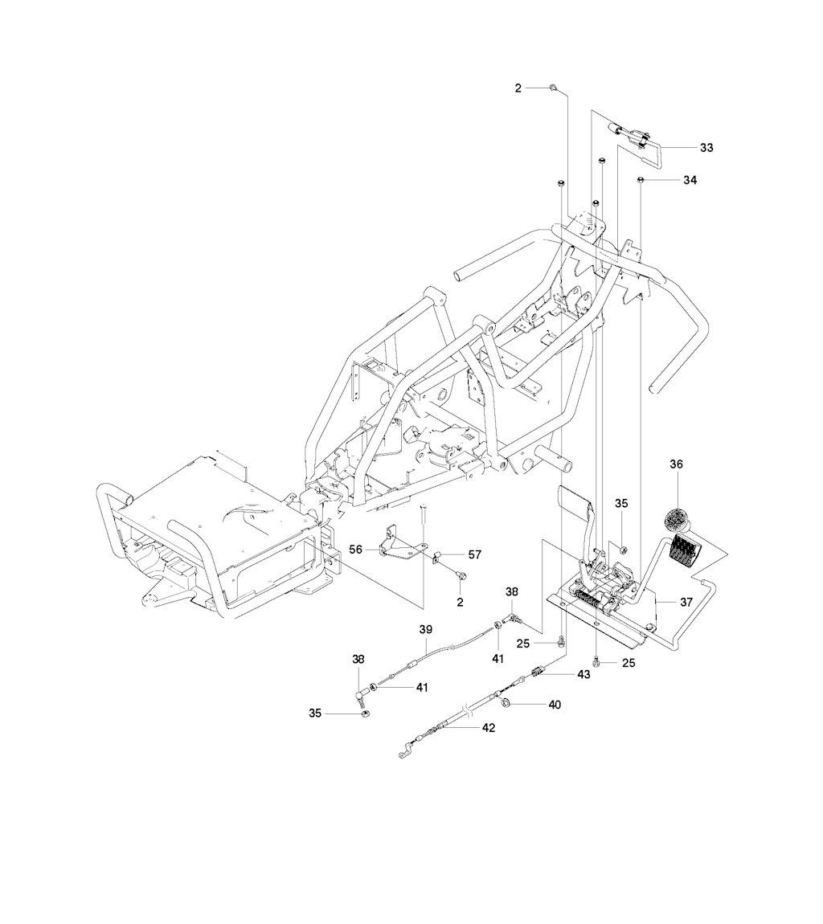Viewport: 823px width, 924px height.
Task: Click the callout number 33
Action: pyautogui.click(x=706, y=148)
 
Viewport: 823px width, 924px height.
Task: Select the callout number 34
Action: pyautogui.click(x=690, y=180)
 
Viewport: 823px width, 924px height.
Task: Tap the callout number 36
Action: pyautogui.click(x=676, y=464)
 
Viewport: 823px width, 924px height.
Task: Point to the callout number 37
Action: pyautogui.click(x=686, y=603)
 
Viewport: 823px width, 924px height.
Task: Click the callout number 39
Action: pyautogui.click(x=426, y=630)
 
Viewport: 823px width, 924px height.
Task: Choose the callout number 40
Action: pyautogui.click(x=555, y=704)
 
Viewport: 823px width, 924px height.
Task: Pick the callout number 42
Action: pyautogui.click(x=489, y=728)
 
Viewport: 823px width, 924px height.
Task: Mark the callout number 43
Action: pyautogui.click(x=583, y=675)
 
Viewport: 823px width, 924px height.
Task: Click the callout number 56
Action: pyautogui.click(x=355, y=550)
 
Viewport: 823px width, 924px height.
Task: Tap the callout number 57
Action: pyautogui.click(x=474, y=554)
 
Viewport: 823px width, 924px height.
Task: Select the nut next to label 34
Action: pyautogui.click(x=641, y=179)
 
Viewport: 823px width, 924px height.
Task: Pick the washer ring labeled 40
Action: pyautogui.click(x=506, y=702)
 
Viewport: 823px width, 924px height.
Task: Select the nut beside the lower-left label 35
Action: pyautogui.click(x=364, y=714)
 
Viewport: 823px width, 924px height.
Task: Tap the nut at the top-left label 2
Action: pyautogui.click(x=553, y=88)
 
